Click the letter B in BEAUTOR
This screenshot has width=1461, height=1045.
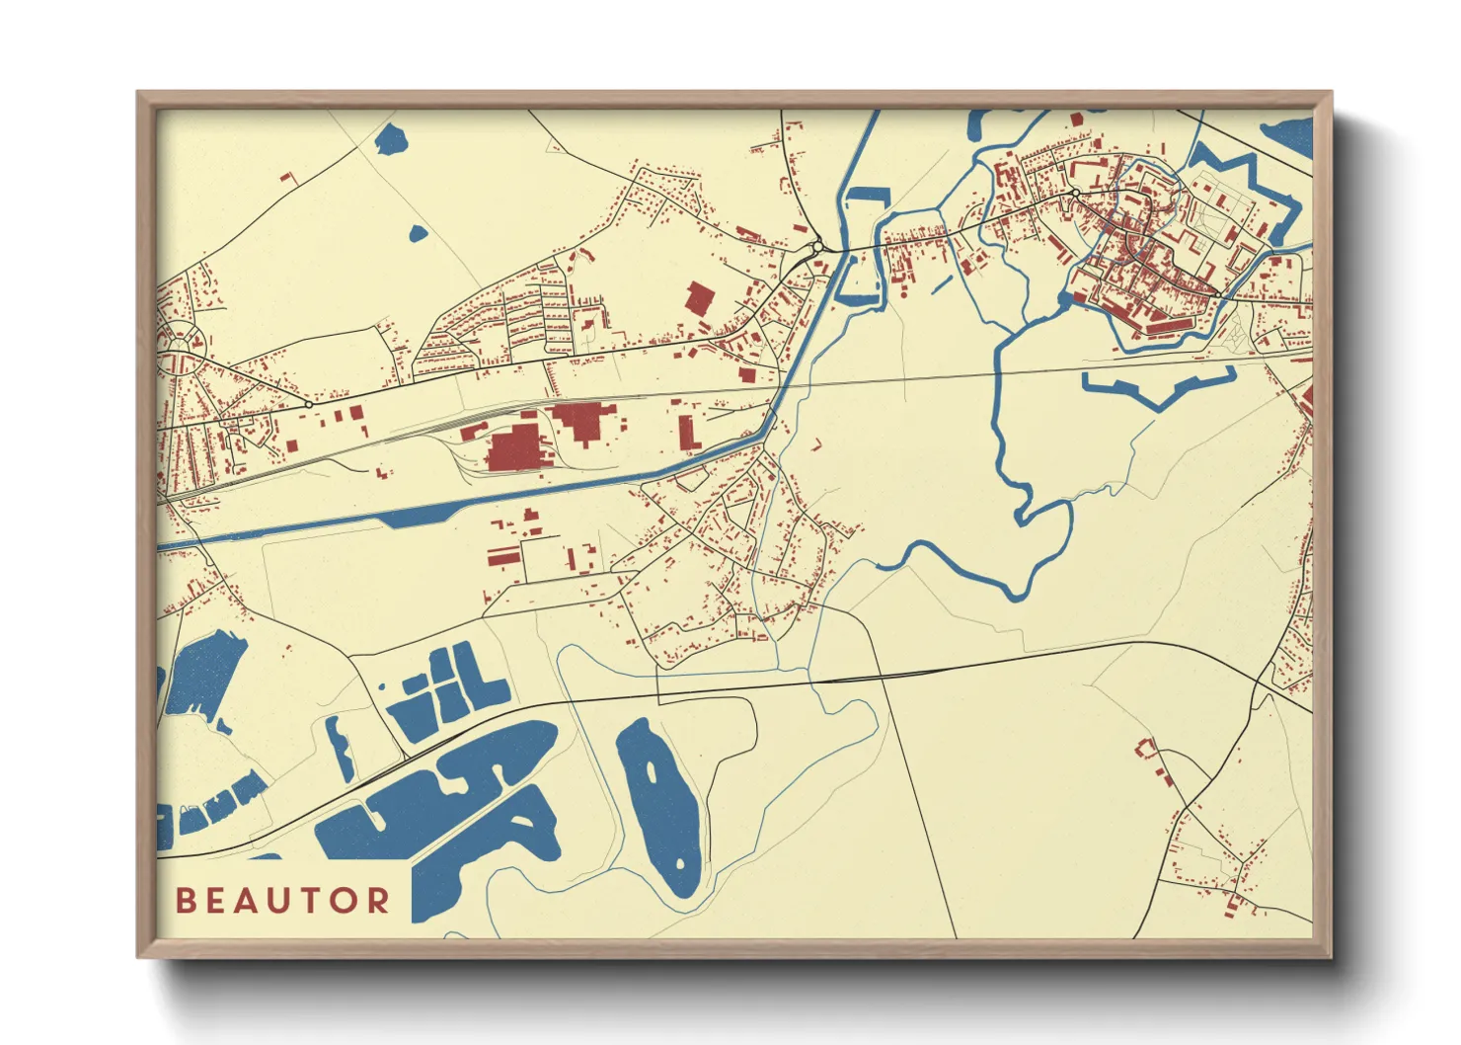click(x=185, y=901)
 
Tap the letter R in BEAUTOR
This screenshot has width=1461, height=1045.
click(x=377, y=901)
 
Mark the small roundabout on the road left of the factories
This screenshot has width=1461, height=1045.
click(x=309, y=404)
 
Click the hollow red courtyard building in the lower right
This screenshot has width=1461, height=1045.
click(x=1146, y=748)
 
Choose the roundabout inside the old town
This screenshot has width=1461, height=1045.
click(x=1074, y=192)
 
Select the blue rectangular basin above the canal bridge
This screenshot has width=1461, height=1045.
click(x=869, y=195)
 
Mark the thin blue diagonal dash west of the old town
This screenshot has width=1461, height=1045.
click(x=942, y=282)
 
